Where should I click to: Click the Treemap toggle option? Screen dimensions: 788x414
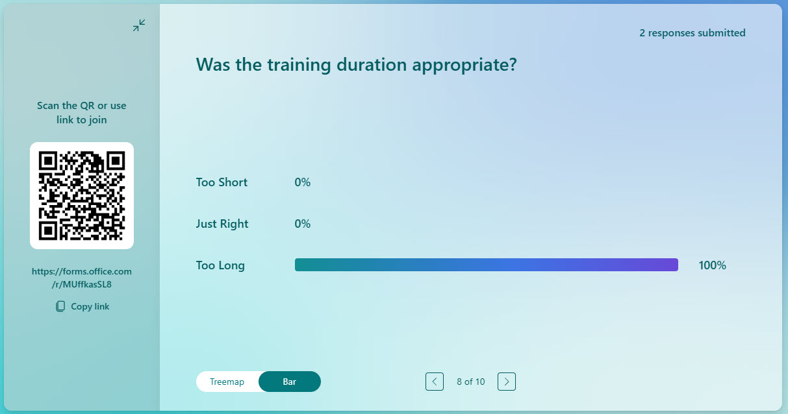pos(227,382)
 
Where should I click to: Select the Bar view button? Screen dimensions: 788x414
pos(290,382)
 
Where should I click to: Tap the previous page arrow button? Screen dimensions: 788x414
pos(435,382)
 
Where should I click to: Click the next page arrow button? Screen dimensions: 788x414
pos(507,382)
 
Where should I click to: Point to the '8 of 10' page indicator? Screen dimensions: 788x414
pos(471,382)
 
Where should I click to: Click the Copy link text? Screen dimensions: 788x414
pos(90,306)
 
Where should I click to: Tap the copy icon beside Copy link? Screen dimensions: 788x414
pos(60,306)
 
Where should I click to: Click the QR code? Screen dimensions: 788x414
pos(82,196)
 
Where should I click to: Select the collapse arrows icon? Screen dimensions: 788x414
pos(139,25)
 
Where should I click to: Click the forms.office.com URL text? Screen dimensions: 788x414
pos(82,278)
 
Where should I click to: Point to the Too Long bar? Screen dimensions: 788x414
pos(487,265)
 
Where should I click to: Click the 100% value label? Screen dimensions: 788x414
pos(713,265)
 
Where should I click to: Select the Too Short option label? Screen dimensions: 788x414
pos(222,182)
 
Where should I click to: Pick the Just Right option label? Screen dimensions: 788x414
pos(222,224)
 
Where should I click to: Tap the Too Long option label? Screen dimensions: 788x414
pos(220,265)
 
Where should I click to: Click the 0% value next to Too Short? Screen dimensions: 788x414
pos(303,182)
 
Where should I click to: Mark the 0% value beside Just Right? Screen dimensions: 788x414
pos(303,223)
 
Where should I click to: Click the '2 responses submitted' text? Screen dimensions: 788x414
pos(693,32)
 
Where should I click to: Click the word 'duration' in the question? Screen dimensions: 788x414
pos(372,65)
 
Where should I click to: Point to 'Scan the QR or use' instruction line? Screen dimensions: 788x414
pos(82,105)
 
